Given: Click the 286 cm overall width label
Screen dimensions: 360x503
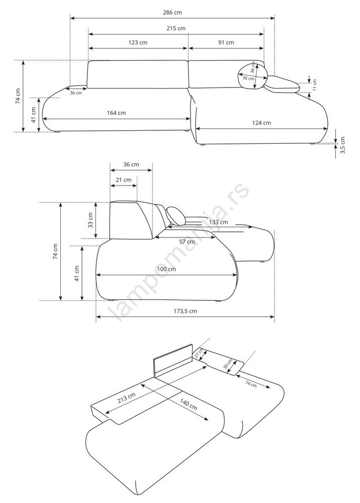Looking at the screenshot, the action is pyautogui.click(x=172, y=13).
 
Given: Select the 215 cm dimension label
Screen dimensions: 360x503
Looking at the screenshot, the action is pyautogui.click(x=175, y=29).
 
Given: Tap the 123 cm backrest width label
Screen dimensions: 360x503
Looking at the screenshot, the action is pyautogui.click(x=138, y=42).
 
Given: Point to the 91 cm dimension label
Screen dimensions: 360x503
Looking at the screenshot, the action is pyautogui.click(x=226, y=42).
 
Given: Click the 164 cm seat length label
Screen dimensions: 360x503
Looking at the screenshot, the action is pyautogui.click(x=116, y=113).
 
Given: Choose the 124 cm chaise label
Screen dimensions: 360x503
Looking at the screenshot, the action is pyautogui.click(x=261, y=123).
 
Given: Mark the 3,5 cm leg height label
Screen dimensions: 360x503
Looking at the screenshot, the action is pyautogui.click(x=343, y=145).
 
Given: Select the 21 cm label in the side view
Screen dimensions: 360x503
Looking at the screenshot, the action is pyautogui.click(x=123, y=180).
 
